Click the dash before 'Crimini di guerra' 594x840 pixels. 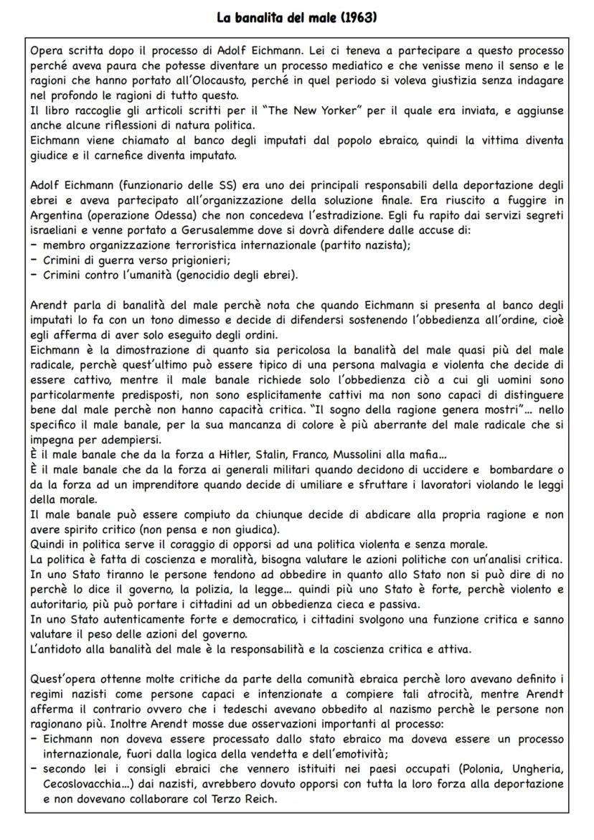point(33,260)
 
